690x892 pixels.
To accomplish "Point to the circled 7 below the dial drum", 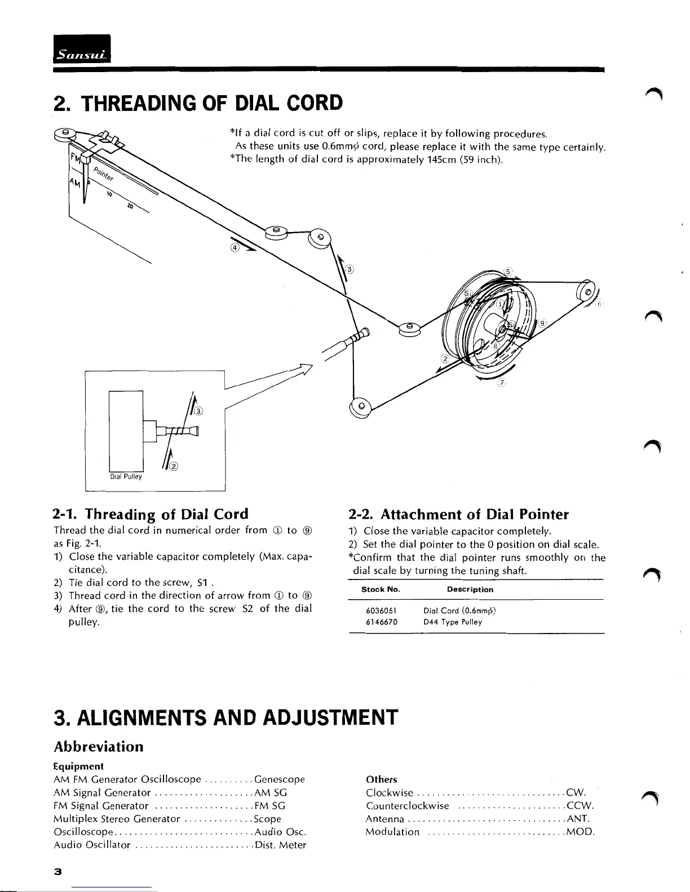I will [502, 383].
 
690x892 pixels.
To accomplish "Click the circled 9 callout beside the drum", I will [542, 323].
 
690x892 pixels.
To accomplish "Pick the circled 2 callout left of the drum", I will [444, 359].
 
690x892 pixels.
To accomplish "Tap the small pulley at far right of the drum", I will [587, 290].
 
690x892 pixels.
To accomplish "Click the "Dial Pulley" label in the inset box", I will [126, 476].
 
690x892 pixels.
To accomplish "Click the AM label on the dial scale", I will [74, 182].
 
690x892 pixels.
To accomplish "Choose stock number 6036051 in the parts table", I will [382, 610].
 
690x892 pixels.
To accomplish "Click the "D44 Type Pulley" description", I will [453, 622].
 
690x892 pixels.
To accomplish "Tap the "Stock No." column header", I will [381, 590].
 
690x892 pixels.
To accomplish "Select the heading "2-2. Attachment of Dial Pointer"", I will [459, 514].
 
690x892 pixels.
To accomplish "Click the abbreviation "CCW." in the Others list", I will [580, 806].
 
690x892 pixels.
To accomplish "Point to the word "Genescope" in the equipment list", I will [280, 780].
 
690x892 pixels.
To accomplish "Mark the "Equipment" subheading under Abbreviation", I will [78, 766].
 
